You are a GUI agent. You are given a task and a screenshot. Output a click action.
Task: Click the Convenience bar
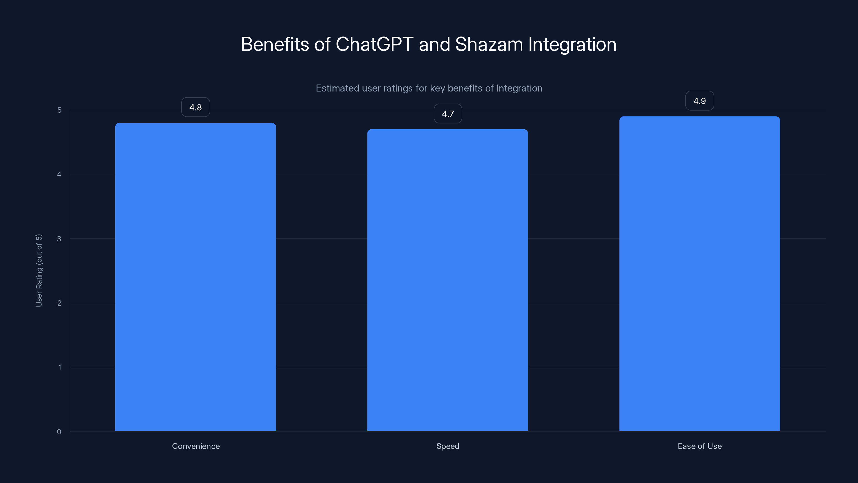point(195,277)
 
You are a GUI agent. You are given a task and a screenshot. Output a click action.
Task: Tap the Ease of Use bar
point(700,273)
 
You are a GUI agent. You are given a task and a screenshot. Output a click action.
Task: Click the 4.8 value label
point(195,107)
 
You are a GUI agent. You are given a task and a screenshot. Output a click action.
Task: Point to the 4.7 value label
point(448,114)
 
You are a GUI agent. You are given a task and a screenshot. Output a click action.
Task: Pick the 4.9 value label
point(700,101)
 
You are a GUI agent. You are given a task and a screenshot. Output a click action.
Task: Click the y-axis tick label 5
point(59,110)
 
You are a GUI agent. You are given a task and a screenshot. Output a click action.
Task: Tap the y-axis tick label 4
point(59,174)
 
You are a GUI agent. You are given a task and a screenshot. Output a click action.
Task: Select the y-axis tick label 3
point(59,239)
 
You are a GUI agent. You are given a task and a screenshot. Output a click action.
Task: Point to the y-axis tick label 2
point(59,303)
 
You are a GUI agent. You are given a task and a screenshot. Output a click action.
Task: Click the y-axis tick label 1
point(60,367)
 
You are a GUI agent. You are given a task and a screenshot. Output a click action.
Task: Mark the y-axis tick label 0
point(59,432)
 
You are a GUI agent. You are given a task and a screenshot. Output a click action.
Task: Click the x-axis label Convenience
point(196,446)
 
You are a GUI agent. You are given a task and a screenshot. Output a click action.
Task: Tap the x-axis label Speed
point(448,446)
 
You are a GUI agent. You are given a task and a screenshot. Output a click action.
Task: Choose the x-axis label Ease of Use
point(700,446)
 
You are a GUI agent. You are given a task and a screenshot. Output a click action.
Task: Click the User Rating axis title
point(39,270)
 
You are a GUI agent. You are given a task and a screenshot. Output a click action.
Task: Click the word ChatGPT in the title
point(374,44)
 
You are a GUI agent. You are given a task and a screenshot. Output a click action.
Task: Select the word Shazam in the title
point(489,44)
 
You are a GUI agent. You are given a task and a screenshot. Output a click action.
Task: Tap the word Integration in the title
point(572,44)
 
